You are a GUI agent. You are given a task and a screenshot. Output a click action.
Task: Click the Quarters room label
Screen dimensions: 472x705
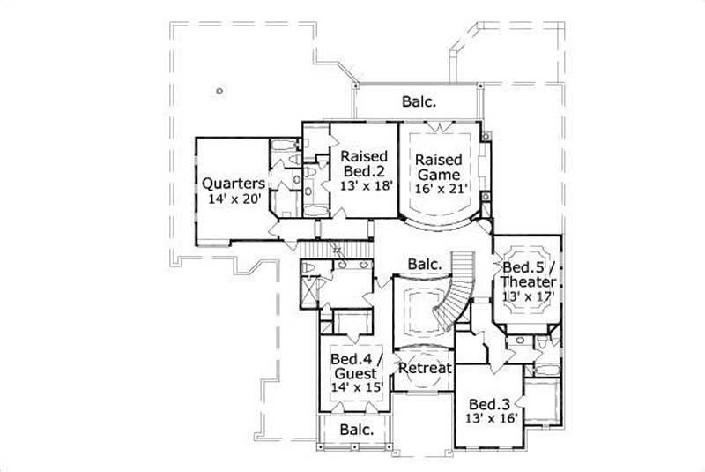(234, 184)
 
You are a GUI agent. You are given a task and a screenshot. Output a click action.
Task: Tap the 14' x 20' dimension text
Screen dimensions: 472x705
(235, 200)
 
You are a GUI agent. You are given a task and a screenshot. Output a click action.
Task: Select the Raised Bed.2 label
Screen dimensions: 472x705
(363, 163)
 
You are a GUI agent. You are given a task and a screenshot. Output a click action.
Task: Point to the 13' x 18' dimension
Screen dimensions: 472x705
(363, 187)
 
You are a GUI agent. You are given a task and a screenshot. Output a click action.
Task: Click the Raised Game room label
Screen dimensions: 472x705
(439, 167)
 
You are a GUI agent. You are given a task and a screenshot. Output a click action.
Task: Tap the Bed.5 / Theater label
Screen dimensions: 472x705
(528, 274)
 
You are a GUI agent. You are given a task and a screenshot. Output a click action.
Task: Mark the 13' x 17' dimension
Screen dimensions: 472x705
(527, 297)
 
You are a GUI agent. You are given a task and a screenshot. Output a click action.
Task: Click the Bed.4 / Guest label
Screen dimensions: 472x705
(354, 367)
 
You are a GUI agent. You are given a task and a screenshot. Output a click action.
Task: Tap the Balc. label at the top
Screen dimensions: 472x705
(419, 101)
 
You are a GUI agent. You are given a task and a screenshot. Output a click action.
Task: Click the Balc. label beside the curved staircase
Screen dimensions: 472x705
(424, 265)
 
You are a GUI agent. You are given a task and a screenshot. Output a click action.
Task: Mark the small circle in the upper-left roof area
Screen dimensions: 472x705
(218, 89)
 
